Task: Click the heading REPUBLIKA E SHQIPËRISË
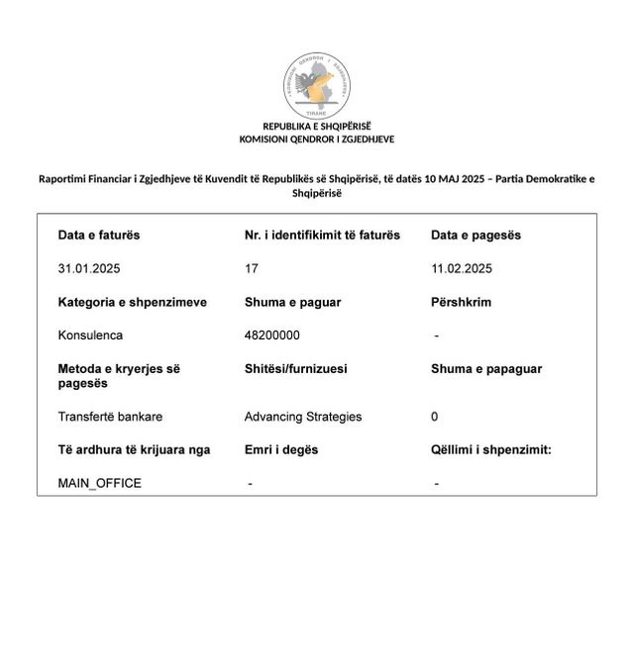pyautogui.click(x=317, y=127)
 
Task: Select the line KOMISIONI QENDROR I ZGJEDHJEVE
pyautogui.click(x=317, y=140)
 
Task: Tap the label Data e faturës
pyautogui.click(x=99, y=236)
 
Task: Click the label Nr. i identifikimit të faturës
pyautogui.click(x=322, y=236)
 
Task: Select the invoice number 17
pyautogui.click(x=251, y=268)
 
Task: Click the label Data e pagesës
pyautogui.click(x=475, y=236)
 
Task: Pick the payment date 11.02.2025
pyautogui.click(x=462, y=268)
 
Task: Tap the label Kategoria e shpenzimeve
pyautogui.click(x=133, y=302)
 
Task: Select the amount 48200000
pyautogui.click(x=272, y=335)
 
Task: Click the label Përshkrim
pyautogui.click(x=461, y=302)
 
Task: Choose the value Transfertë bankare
pyautogui.click(x=110, y=417)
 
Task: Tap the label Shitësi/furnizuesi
pyautogui.click(x=295, y=368)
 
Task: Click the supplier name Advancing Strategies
pyautogui.click(x=303, y=417)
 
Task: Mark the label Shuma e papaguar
pyautogui.click(x=486, y=368)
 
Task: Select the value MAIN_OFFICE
pyautogui.click(x=99, y=483)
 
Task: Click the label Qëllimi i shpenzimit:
pyautogui.click(x=491, y=449)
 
